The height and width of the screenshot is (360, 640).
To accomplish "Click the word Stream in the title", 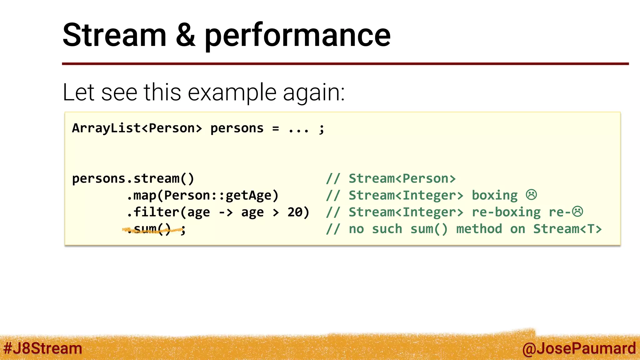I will tap(114, 35).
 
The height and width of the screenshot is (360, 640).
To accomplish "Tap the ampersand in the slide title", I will tap(186, 35).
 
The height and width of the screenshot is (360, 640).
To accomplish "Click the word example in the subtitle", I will tap(232, 93).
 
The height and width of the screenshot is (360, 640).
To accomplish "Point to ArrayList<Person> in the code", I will tap(137, 128).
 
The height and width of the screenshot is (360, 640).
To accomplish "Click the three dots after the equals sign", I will tap(298, 129).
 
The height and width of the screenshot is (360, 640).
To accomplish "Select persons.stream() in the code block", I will tap(133, 179).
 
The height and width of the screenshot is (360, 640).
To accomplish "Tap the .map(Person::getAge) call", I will tap(202, 196).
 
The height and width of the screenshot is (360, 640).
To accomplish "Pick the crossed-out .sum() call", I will tap(149, 229).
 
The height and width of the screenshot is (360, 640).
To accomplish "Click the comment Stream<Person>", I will tap(402, 179).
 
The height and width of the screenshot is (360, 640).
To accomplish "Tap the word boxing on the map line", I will tap(495, 196).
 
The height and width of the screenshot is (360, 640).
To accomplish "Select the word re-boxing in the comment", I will tap(506, 212).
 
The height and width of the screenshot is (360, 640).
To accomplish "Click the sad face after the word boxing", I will tap(531, 195).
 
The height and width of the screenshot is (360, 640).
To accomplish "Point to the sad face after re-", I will tap(577, 212).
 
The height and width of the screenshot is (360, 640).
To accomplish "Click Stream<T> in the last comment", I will tap(567, 229).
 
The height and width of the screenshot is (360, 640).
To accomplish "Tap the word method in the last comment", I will tap(479, 229).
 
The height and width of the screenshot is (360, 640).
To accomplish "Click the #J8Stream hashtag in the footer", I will tap(43, 348).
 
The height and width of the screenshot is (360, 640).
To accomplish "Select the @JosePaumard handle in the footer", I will tap(579, 348).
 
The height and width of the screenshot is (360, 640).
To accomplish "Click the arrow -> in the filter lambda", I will tap(226, 212).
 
